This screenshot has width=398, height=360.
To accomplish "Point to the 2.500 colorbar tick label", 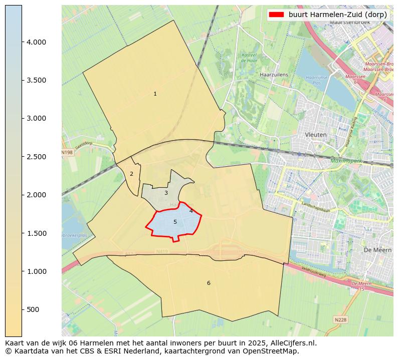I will pyautogui.click(x=36, y=157).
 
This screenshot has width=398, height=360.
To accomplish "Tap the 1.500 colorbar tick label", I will pyautogui.click(x=36, y=233).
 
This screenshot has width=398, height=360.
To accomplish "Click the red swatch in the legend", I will pyautogui.click(x=276, y=15).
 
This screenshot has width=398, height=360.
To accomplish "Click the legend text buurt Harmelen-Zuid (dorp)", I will pyautogui.click(x=337, y=15).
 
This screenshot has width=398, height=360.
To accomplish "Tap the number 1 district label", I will pyautogui.click(x=155, y=94).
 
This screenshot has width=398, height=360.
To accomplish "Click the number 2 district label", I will pyautogui.click(x=131, y=174).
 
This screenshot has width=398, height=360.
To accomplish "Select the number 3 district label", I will pyautogui.click(x=166, y=193).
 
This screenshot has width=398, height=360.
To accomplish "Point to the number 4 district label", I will pyautogui.click(x=191, y=211).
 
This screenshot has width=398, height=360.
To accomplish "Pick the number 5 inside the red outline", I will pyautogui.click(x=175, y=222).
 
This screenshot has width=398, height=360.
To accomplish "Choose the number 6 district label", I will pyautogui.click(x=209, y=283).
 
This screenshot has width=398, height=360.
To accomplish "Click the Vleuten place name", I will pyautogui.click(x=316, y=135).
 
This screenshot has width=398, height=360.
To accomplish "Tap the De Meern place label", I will pyautogui.click(x=374, y=249).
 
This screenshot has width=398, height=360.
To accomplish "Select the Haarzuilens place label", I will pyautogui.click(x=274, y=75).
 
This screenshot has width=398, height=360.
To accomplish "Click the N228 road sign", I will pyautogui.click(x=340, y=318).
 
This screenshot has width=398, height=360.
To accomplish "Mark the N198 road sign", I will pyautogui.click(x=67, y=152).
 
